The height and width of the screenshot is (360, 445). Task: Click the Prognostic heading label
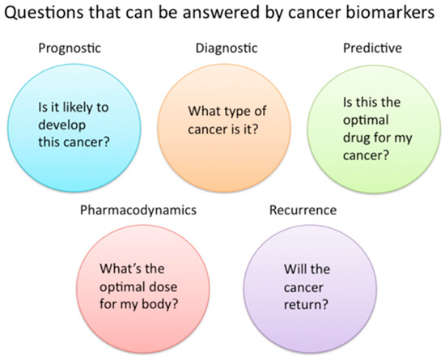[x=70, y=49]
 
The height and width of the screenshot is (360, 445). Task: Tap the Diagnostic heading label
[x=227, y=49]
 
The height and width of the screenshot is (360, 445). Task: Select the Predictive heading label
[x=372, y=48]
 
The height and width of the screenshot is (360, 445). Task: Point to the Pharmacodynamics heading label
[x=138, y=210]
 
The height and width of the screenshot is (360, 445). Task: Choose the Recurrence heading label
[x=303, y=210]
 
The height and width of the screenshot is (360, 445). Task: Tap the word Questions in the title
[x=44, y=13]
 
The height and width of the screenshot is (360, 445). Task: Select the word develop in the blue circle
[x=61, y=125]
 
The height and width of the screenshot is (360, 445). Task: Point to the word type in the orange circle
[x=234, y=112]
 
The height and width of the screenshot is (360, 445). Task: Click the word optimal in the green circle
[x=366, y=121]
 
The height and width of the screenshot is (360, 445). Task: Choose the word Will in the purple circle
[x=295, y=269]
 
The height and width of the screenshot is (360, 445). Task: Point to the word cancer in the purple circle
[x=303, y=288]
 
